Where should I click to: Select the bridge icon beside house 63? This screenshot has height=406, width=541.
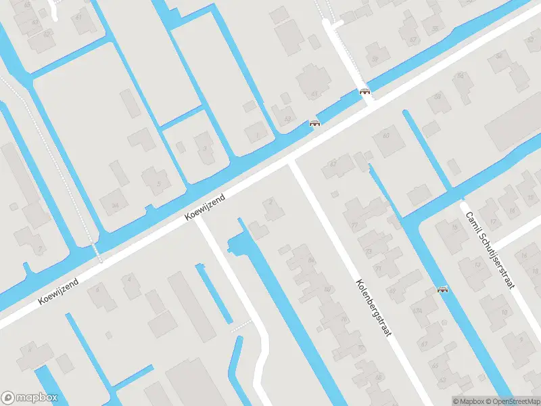click(314, 124)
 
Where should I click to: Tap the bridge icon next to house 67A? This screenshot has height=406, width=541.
click(443, 290)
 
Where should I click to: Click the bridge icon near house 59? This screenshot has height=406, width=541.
click(365, 92)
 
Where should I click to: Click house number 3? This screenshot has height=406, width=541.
click(205, 148)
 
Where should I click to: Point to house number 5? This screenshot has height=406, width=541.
click(158, 183)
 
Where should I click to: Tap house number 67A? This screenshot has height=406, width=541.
click(417, 311)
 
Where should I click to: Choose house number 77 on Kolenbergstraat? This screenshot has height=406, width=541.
click(354, 225)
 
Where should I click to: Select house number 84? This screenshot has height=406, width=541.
click(311, 259)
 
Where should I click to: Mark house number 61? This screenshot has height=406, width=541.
click(314, 94)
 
